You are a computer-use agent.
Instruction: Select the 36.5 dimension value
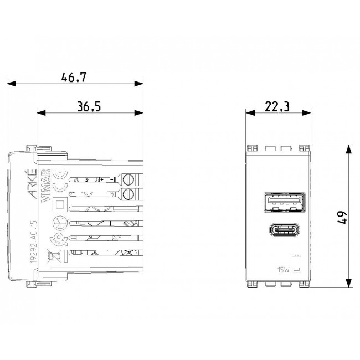(x=89, y=106)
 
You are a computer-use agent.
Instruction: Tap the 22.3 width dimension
(x=277, y=106)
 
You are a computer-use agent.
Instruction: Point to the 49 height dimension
(x=342, y=217)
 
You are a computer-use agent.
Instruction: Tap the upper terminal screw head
(x=130, y=179)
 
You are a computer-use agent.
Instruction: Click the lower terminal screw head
(x=130, y=194)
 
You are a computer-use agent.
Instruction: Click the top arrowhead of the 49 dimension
(x=348, y=149)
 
